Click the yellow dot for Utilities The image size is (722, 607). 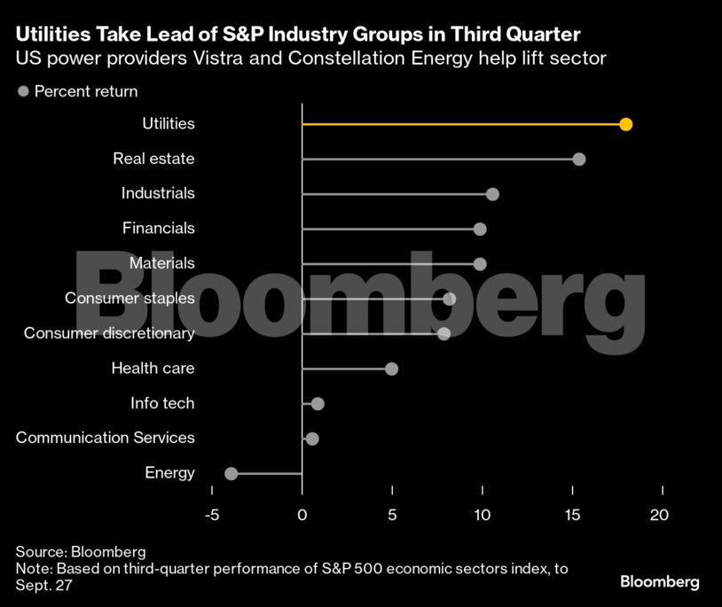pyautogui.click(x=626, y=124)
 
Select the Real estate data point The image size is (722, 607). pyautogui.click(x=579, y=160)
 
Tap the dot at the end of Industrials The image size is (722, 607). pyautogui.click(x=492, y=194)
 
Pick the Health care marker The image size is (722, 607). pyautogui.click(x=391, y=369)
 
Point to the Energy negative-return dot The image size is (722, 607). pyautogui.click(x=232, y=473)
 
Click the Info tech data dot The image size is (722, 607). pyautogui.click(x=318, y=404)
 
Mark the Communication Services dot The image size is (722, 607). pyautogui.click(x=311, y=439)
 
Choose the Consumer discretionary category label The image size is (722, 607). pyautogui.click(x=109, y=333)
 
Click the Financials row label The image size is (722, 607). pyautogui.click(x=158, y=228)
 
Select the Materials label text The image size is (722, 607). pyautogui.click(x=161, y=263)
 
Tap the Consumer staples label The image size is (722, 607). pyautogui.click(x=129, y=298)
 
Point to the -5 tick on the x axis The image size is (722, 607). pyautogui.click(x=212, y=515)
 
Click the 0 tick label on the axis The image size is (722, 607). pyautogui.click(x=302, y=515)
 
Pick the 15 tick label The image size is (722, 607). pyautogui.click(x=573, y=515)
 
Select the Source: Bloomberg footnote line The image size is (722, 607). pyautogui.click(x=80, y=552)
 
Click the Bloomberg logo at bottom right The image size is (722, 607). pyautogui.click(x=659, y=582)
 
